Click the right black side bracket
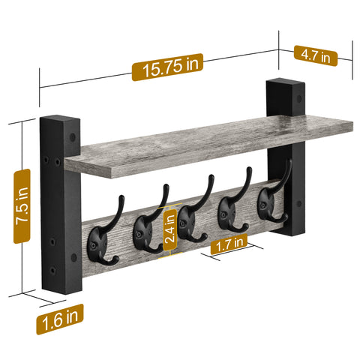286,157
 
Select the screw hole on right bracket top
301,97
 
